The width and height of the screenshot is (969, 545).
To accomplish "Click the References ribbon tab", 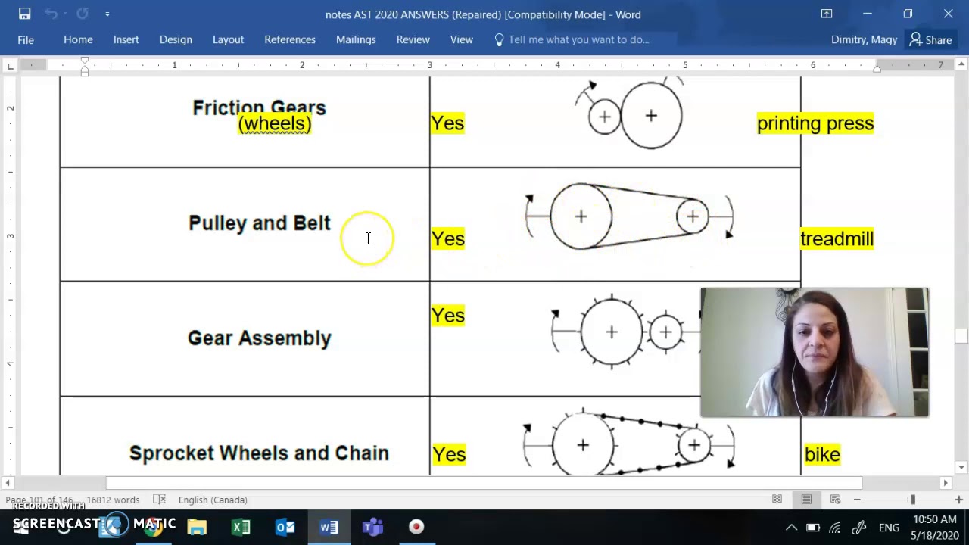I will tap(290, 39).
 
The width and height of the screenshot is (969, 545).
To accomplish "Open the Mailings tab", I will tap(356, 39).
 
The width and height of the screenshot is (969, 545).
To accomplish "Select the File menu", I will tap(26, 39).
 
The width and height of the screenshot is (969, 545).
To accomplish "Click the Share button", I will tap(931, 39).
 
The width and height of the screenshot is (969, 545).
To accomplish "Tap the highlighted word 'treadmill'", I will tap(837, 239).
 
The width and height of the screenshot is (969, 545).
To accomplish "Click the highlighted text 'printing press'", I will tap(815, 123).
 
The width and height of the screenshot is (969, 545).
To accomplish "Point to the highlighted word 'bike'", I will tap(822, 454).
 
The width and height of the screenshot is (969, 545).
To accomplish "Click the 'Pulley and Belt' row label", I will tap(259, 223).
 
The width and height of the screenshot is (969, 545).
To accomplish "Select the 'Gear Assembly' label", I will tap(259, 338).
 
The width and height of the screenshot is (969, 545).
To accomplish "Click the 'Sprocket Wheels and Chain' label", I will tap(259, 453).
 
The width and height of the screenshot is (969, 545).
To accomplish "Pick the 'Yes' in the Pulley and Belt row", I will tap(447, 239).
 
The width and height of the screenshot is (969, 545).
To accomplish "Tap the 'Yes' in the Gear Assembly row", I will tap(447, 316).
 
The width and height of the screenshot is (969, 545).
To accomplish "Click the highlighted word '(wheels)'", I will tap(274, 124).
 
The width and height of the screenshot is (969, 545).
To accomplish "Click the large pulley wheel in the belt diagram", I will tap(581, 216).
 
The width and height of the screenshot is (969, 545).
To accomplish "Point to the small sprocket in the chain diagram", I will tap(693, 445).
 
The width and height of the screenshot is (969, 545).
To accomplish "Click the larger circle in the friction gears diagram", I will tap(651, 116).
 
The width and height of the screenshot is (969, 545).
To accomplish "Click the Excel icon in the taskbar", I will tap(241, 527).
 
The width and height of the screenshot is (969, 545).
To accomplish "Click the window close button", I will tap(948, 14).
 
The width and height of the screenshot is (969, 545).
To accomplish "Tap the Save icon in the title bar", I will tap(24, 14).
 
